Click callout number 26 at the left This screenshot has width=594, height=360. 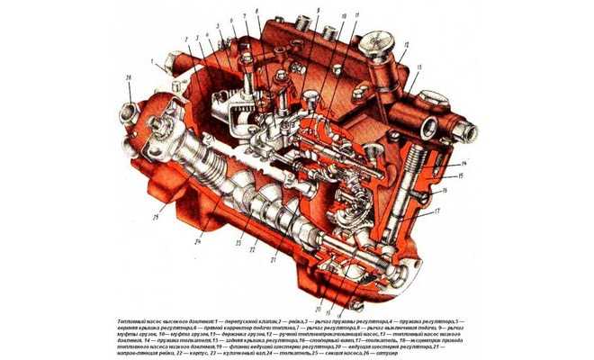129,80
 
